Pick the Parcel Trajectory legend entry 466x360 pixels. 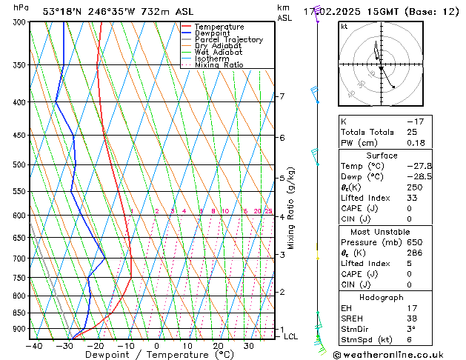[x=228, y=40]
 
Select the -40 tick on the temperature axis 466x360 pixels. [x=34, y=346]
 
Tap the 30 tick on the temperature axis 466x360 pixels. [x=249, y=346]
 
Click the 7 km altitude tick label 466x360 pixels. [x=282, y=96]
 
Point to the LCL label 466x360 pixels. [x=290, y=336]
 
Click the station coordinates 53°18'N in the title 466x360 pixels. [x=62, y=11]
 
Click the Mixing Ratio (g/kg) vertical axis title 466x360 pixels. [x=291, y=207]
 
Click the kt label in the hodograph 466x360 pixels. [x=344, y=27]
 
